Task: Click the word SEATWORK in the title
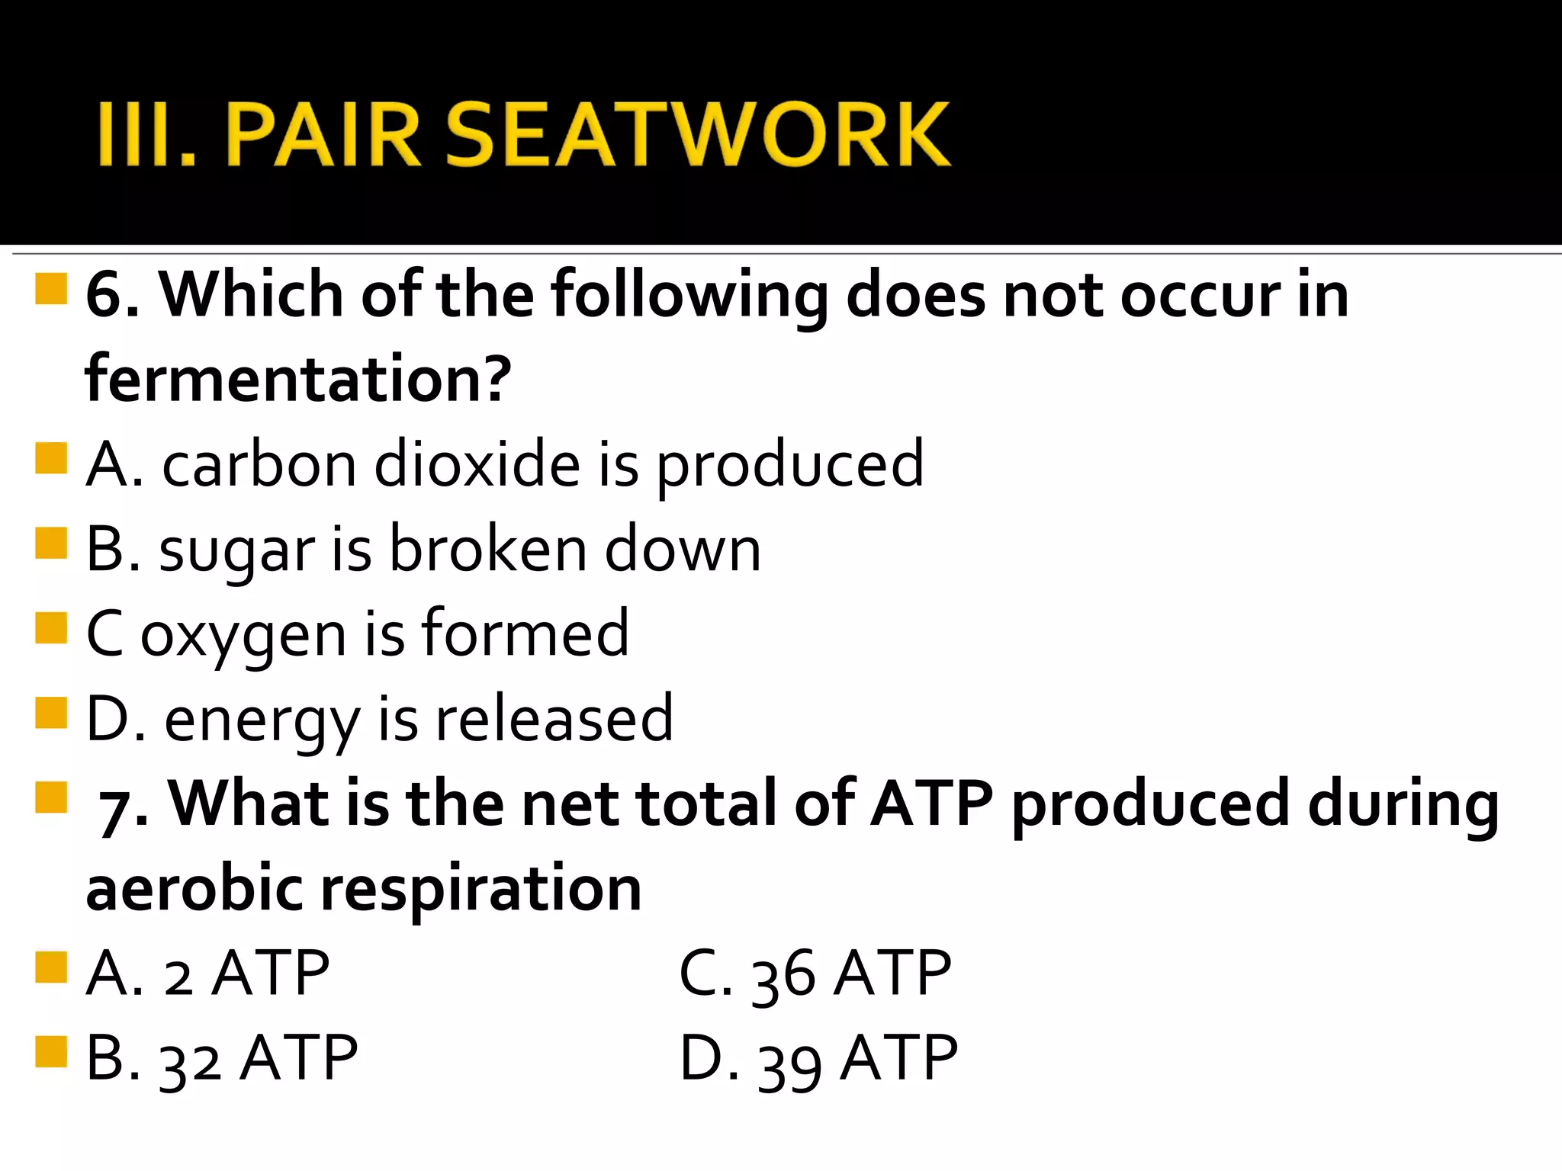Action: [x=697, y=134]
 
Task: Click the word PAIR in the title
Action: [x=323, y=134]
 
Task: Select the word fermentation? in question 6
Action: [x=297, y=378]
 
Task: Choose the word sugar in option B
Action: [x=236, y=550]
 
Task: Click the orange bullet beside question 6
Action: [x=51, y=290]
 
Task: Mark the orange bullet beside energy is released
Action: [x=51, y=714]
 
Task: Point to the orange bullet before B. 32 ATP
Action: [x=51, y=1052]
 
